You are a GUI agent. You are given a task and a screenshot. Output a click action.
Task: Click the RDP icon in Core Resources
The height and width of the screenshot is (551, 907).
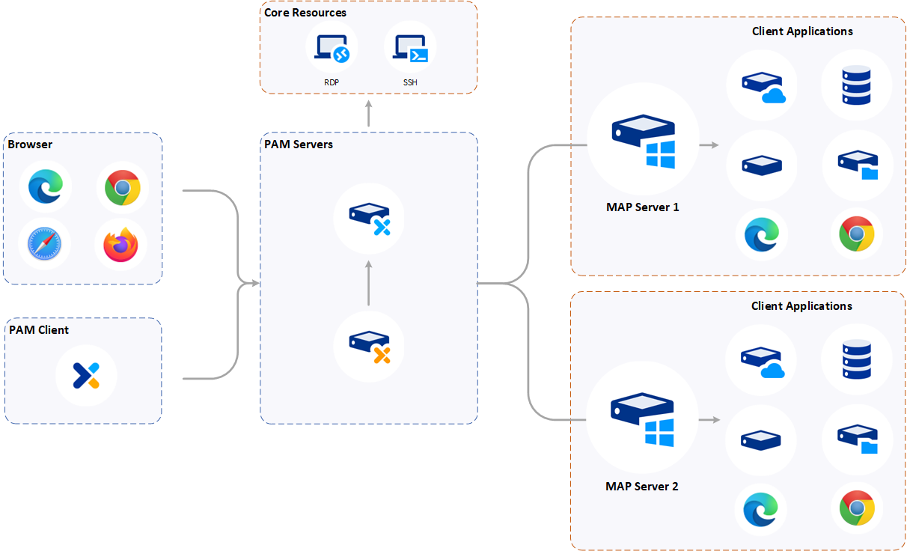coord(332,49)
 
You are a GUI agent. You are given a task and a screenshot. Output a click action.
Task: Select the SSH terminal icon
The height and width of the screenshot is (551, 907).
coord(410,49)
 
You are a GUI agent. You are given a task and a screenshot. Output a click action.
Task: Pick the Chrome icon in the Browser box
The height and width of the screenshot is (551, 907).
coord(122,187)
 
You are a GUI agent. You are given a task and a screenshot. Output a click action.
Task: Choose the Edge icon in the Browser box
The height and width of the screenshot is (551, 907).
coord(44,187)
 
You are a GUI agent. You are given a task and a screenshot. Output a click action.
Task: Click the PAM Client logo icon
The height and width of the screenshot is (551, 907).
coord(86,374)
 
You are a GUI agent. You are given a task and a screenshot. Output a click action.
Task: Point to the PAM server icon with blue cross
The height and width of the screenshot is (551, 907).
coord(369,218)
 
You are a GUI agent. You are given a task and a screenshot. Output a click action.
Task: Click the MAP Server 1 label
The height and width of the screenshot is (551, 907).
coord(642,207)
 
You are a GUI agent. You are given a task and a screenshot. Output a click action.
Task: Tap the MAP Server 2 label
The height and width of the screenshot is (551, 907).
coord(641,487)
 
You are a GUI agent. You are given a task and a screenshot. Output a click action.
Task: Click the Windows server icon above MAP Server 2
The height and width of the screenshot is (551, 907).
coord(643,420)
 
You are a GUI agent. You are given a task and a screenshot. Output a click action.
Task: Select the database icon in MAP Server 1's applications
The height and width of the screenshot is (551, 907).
coord(856,85)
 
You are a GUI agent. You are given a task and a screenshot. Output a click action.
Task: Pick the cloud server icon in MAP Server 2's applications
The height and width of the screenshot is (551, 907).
coord(761,362)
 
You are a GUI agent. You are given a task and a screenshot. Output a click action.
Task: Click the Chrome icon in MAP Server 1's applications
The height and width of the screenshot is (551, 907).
coord(856,234)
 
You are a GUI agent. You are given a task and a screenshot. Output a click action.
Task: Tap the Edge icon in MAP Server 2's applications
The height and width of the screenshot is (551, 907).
coord(761,509)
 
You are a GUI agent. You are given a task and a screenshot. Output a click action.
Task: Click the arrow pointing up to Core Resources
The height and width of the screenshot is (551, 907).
coord(368,112)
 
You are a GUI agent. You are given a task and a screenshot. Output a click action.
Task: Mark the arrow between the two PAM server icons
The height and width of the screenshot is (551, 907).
coord(368,283)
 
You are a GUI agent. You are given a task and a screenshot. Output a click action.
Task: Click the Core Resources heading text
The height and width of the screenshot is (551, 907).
coord(305,13)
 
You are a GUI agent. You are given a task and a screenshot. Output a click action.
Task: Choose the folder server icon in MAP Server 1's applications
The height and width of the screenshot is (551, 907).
coord(856,165)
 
